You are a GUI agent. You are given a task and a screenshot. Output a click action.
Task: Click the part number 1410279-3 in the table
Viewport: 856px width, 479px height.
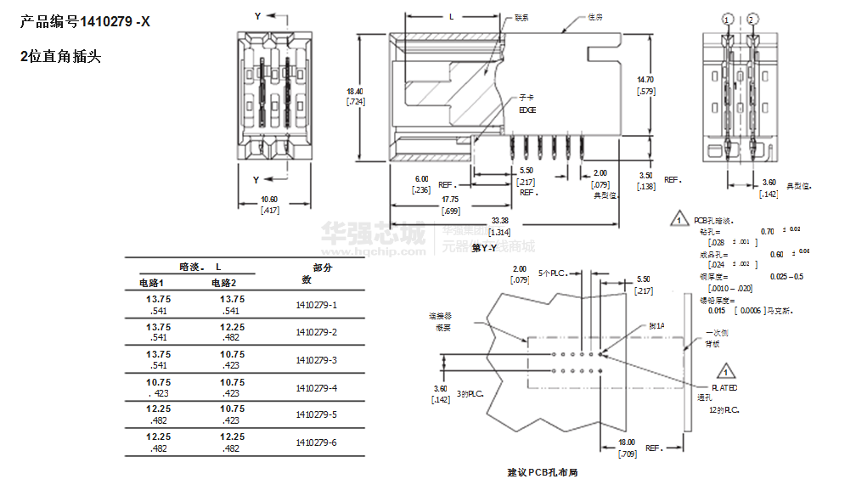(316, 360)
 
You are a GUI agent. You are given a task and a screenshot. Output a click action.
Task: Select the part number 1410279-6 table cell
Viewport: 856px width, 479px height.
(316, 442)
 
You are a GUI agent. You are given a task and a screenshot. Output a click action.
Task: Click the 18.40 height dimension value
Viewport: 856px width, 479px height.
(355, 91)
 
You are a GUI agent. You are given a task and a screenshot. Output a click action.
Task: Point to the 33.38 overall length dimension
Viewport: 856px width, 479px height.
(500, 220)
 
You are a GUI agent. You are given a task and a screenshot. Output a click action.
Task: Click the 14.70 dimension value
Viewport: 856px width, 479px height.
(645, 79)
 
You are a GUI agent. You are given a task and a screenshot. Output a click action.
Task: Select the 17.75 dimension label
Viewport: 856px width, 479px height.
(450, 199)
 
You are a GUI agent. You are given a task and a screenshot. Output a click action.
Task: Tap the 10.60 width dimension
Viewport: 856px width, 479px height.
(269, 200)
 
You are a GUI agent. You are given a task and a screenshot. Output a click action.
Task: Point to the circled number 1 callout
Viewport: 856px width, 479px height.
(727, 19)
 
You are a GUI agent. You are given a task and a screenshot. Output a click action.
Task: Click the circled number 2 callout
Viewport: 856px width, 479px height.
(752, 19)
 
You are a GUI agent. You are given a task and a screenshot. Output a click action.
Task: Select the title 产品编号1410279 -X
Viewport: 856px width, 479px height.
(85, 23)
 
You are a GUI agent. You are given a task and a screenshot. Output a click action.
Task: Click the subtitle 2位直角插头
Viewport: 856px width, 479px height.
(60, 57)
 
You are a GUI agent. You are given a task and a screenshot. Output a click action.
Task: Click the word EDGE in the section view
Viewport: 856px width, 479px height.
(527, 110)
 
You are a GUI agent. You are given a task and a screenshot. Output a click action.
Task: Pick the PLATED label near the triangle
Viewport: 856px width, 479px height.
(724, 387)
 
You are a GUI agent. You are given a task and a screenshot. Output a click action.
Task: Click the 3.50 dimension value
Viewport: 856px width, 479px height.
(645, 176)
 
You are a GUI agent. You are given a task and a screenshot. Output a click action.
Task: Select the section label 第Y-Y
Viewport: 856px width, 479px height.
(484, 247)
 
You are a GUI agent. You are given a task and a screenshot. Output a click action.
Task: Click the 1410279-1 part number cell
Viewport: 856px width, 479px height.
(316, 305)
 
